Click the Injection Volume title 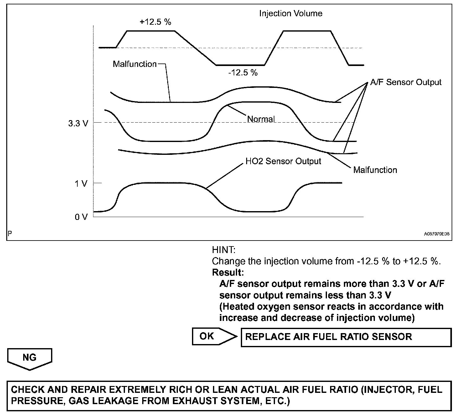pos(291,13)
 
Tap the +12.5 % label pos(156,22)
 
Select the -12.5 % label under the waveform pos(243,73)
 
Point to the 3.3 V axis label pos(78,123)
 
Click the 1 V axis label pos(81,184)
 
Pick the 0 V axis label pos(81,217)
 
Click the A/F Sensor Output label pos(406,82)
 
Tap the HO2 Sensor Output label pos(283,161)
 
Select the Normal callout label pos(261,119)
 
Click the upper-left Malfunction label pos(135,64)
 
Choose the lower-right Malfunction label pos(375,170)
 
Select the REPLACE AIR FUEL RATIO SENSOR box pos(346,337)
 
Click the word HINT pos(223,250)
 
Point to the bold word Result pos(228,272)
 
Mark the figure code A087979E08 pos(437,234)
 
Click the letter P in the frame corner pos(10,234)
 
